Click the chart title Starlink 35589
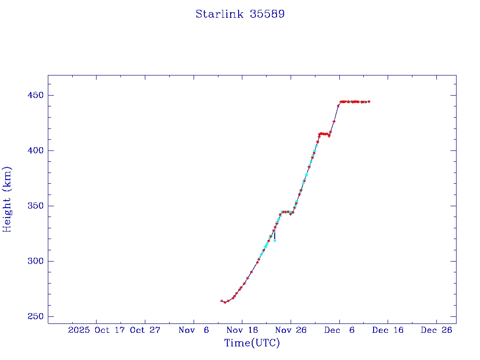tap(240, 15)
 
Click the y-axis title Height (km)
tap(7, 199)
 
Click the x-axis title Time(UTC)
tap(252, 343)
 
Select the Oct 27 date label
tap(145, 330)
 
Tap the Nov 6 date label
tap(194, 330)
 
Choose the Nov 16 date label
tap(242, 330)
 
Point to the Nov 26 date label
tap(291, 330)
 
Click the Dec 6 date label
tap(339, 330)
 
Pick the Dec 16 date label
tap(388, 330)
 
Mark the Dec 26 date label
tap(436, 330)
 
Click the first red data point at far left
tap(222, 301)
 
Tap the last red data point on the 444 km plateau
tap(369, 102)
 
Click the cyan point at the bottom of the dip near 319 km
tap(275, 240)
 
